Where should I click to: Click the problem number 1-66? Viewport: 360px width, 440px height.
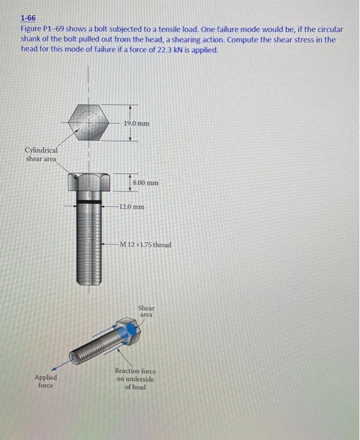(x=28, y=19)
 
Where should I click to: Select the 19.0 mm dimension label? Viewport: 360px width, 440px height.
(x=136, y=124)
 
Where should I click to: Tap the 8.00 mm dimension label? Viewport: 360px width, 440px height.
(x=146, y=183)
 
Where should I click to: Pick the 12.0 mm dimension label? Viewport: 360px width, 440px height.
(x=133, y=206)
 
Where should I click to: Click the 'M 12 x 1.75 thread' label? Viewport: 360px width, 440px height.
(x=146, y=245)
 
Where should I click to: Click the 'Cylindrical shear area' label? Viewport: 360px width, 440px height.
(x=41, y=155)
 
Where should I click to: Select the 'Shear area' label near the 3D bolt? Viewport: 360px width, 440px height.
(x=146, y=311)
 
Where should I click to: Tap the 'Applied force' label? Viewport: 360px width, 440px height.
(x=45, y=381)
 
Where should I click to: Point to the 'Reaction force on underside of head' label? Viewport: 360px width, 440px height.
(x=135, y=379)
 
